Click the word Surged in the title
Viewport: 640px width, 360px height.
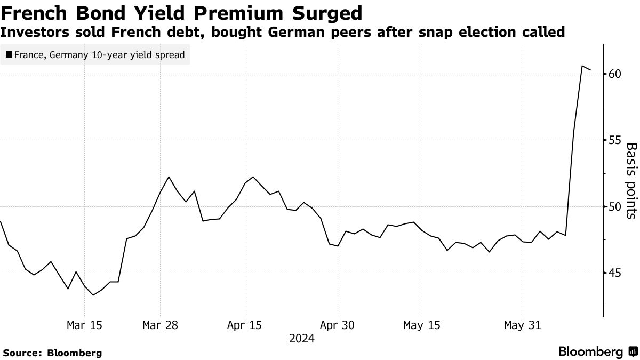[319, 12]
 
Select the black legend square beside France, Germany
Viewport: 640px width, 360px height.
[9, 54]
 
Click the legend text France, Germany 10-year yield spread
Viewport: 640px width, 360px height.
[99, 54]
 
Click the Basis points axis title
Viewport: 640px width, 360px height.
[631, 181]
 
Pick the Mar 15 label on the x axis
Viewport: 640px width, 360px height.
[85, 325]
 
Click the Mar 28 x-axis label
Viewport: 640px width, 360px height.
[160, 325]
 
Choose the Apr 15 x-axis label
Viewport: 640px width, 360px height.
[244, 325]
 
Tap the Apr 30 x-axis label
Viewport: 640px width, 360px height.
[338, 325]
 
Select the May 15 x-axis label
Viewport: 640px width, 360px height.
[422, 325]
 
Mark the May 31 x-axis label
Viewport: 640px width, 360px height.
[523, 325]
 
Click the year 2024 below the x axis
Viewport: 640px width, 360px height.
[302, 339]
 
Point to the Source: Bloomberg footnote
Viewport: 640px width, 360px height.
[52, 353]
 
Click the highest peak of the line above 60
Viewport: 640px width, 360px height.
[582, 66]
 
